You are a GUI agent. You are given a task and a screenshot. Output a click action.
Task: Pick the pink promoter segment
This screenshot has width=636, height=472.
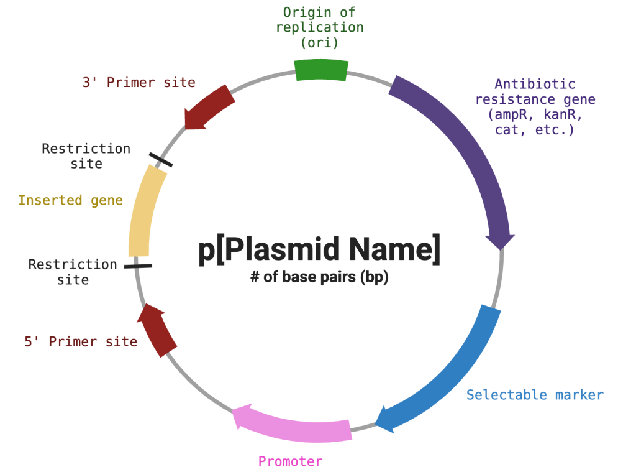(292, 425)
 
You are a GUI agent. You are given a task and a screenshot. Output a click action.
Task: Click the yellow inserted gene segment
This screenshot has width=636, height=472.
(145, 211)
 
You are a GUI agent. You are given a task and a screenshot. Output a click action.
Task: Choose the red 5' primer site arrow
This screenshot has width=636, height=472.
(157, 330)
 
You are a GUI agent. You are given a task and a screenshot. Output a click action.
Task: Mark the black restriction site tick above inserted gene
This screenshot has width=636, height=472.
(161, 160)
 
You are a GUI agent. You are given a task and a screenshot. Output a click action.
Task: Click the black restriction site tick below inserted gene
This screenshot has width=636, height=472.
(138, 266)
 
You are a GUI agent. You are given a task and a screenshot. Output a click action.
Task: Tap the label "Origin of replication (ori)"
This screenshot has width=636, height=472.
(319, 27)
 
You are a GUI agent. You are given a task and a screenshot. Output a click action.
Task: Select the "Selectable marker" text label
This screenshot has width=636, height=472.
(535, 395)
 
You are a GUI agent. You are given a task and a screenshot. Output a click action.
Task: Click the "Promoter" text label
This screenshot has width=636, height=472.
(291, 461)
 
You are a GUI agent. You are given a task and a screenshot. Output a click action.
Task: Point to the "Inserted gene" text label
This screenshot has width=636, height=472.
(70, 200)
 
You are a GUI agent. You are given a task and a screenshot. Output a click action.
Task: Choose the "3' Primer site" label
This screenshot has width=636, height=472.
(139, 83)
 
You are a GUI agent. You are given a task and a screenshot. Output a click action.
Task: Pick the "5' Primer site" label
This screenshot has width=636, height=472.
(81, 341)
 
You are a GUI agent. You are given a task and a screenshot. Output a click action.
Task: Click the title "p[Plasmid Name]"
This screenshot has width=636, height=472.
(319, 249)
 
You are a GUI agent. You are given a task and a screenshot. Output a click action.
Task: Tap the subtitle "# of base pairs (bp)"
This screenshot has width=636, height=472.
(319, 277)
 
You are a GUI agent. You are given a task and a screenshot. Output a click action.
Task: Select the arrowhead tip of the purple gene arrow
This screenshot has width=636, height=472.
(501, 244)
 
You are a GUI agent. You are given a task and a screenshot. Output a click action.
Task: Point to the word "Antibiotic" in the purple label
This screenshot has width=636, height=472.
(535, 84)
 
